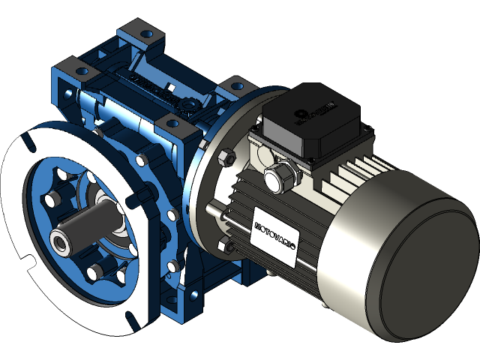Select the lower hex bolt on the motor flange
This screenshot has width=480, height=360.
pos(223,245)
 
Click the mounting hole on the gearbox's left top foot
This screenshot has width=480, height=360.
pos(83,70)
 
